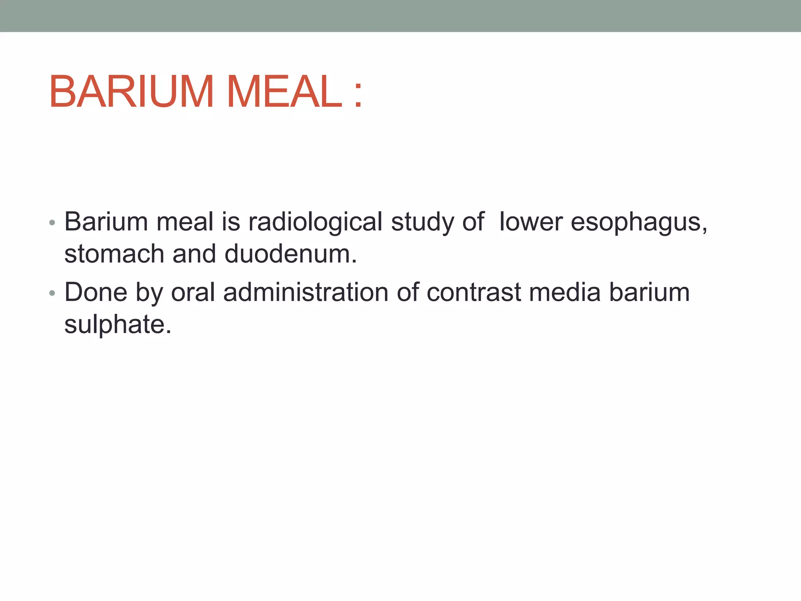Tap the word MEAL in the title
tap(285, 92)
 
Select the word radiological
tap(315, 222)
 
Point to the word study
tap(422, 222)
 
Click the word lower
tap(531, 222)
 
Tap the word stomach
tap(114, 254)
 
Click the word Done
tap(96, 292)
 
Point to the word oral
tap(193, 292)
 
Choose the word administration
tap(305, 292)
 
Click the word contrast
tap(474, 292)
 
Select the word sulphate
tap(117, 324)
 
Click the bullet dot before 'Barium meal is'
tap(52, 223)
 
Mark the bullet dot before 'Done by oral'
tap(52, 293)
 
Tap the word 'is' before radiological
tap(231, 222)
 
